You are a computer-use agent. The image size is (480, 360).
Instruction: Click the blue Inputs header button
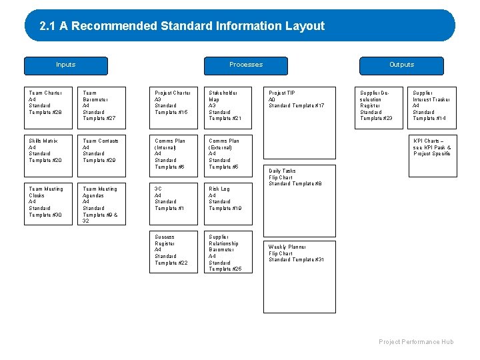point(66,65)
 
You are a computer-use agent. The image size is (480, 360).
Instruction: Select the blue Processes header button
point(246,65)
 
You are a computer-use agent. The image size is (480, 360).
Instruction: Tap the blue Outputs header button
point(401,65)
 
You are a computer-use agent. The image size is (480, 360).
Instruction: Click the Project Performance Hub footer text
point(416,342)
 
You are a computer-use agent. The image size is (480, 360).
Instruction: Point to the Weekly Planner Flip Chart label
point(296,253)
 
